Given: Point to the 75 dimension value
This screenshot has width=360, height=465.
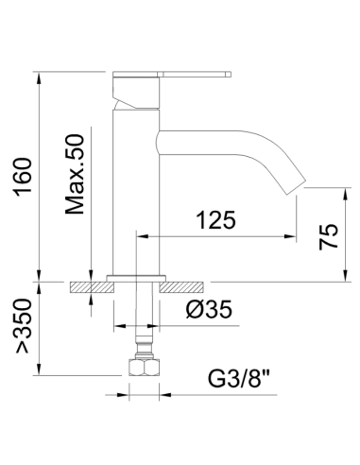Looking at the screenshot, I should pos(328,233).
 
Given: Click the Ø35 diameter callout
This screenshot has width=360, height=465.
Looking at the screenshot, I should pos(205,308).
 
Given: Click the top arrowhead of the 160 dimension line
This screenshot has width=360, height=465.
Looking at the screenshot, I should pos(39,74).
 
